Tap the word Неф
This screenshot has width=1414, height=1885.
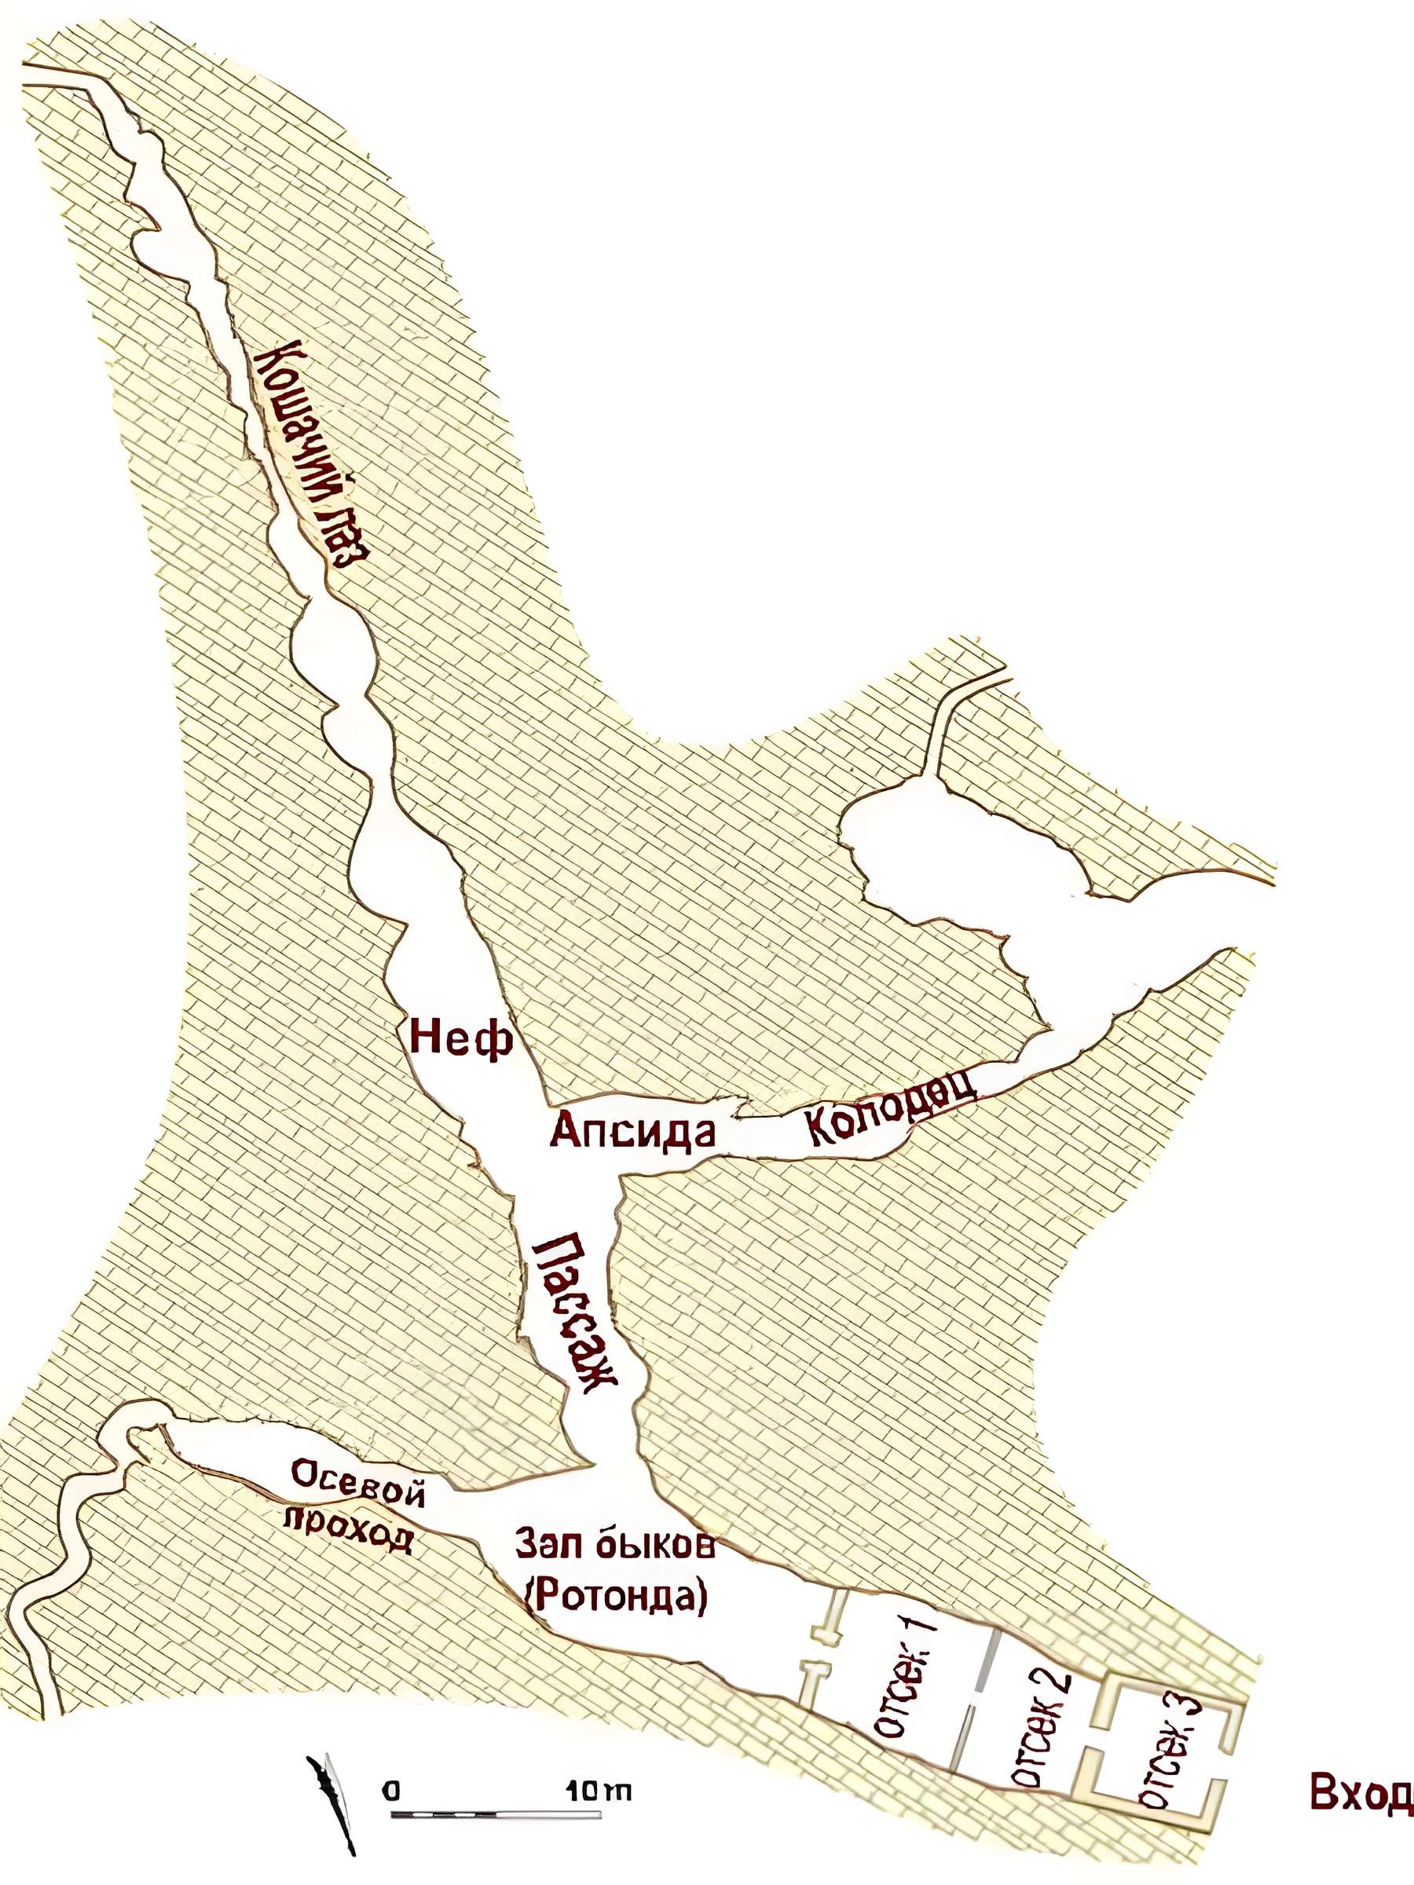click(461, 1039)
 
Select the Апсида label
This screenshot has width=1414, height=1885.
click(632, 1132)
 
